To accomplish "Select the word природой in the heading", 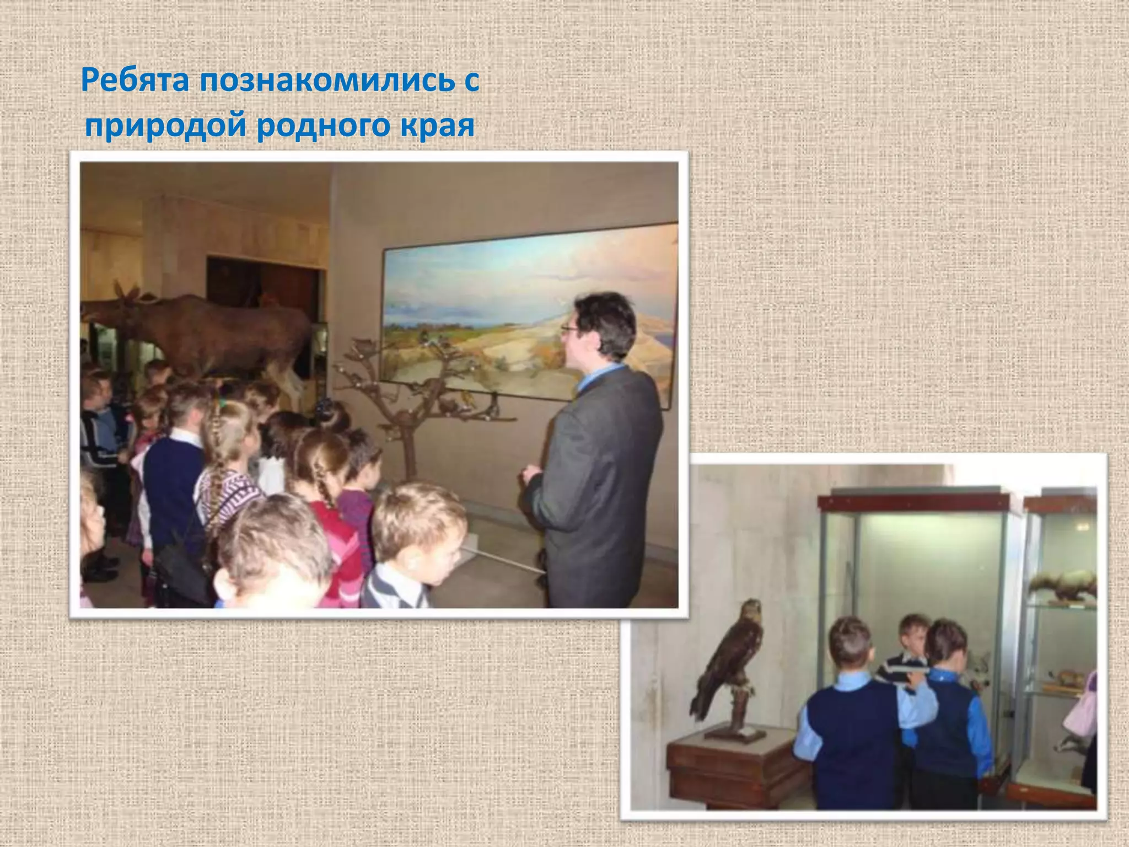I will click(x=165, y=127).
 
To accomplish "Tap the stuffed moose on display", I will click(x=221, y=331).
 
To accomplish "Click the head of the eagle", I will click(x=752, y=609).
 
